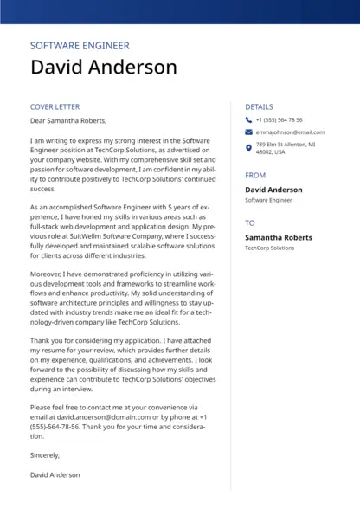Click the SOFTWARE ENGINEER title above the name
80,46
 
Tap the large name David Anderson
103,68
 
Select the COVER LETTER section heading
55,107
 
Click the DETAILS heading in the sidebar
259,107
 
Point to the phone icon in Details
248,120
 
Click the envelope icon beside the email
248,132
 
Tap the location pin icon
248,148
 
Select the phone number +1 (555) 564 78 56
279,120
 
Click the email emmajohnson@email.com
290,132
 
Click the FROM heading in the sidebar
255,176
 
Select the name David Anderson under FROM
273,190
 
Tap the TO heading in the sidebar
250,223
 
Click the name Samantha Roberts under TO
279,237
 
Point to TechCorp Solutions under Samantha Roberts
269,248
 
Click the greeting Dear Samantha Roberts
67,121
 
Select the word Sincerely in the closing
45,455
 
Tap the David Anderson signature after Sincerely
55,475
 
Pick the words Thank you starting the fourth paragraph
45,340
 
